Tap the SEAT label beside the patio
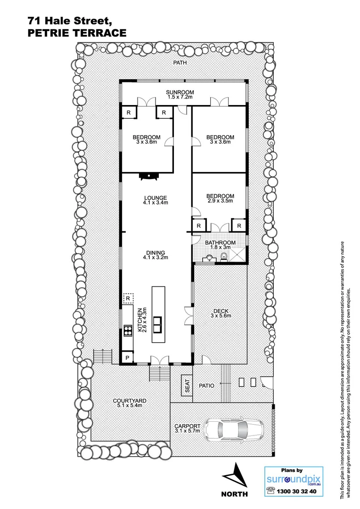click(x=187, y=386)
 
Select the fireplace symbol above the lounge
click(x=148, y=176)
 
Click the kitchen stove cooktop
click(x=127, y=330)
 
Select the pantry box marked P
click(x=127, y=358)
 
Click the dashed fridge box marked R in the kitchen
click(x=128, y=298)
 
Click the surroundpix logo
click(x=288, y=480)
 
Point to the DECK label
click(x=221, y=310)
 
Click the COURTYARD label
click(x=130, y=401)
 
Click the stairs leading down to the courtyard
click(x=160, y=375)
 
